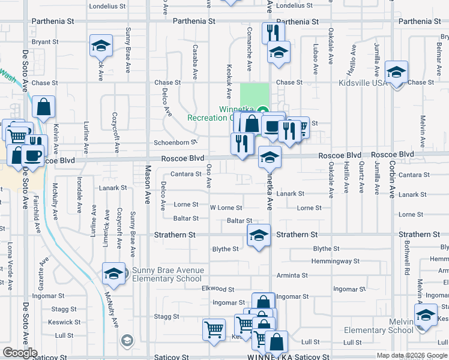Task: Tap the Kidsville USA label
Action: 364,83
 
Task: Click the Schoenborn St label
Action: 175,143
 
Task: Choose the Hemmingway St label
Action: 335,261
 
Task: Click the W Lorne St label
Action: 226,208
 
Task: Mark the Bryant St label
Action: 45,43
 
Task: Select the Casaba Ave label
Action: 195,61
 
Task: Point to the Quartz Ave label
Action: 361,178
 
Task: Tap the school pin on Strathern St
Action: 259,235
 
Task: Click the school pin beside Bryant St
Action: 101,45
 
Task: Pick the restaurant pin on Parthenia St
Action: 270,31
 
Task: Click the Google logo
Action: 20,353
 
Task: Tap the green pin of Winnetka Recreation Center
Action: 262,110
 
